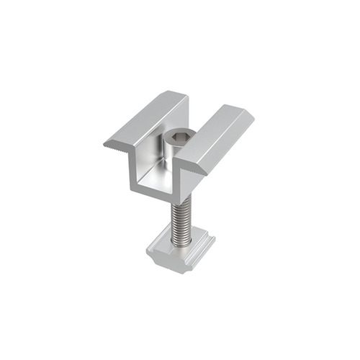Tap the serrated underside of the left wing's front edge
point(119,147)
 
